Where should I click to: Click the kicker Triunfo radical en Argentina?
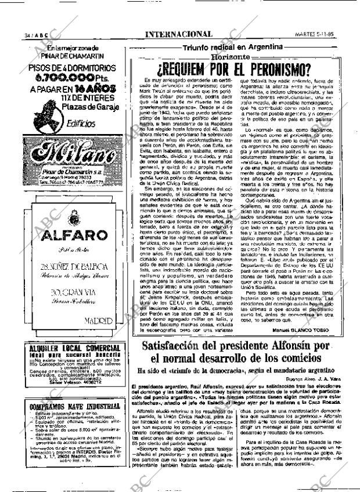[232, 47]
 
